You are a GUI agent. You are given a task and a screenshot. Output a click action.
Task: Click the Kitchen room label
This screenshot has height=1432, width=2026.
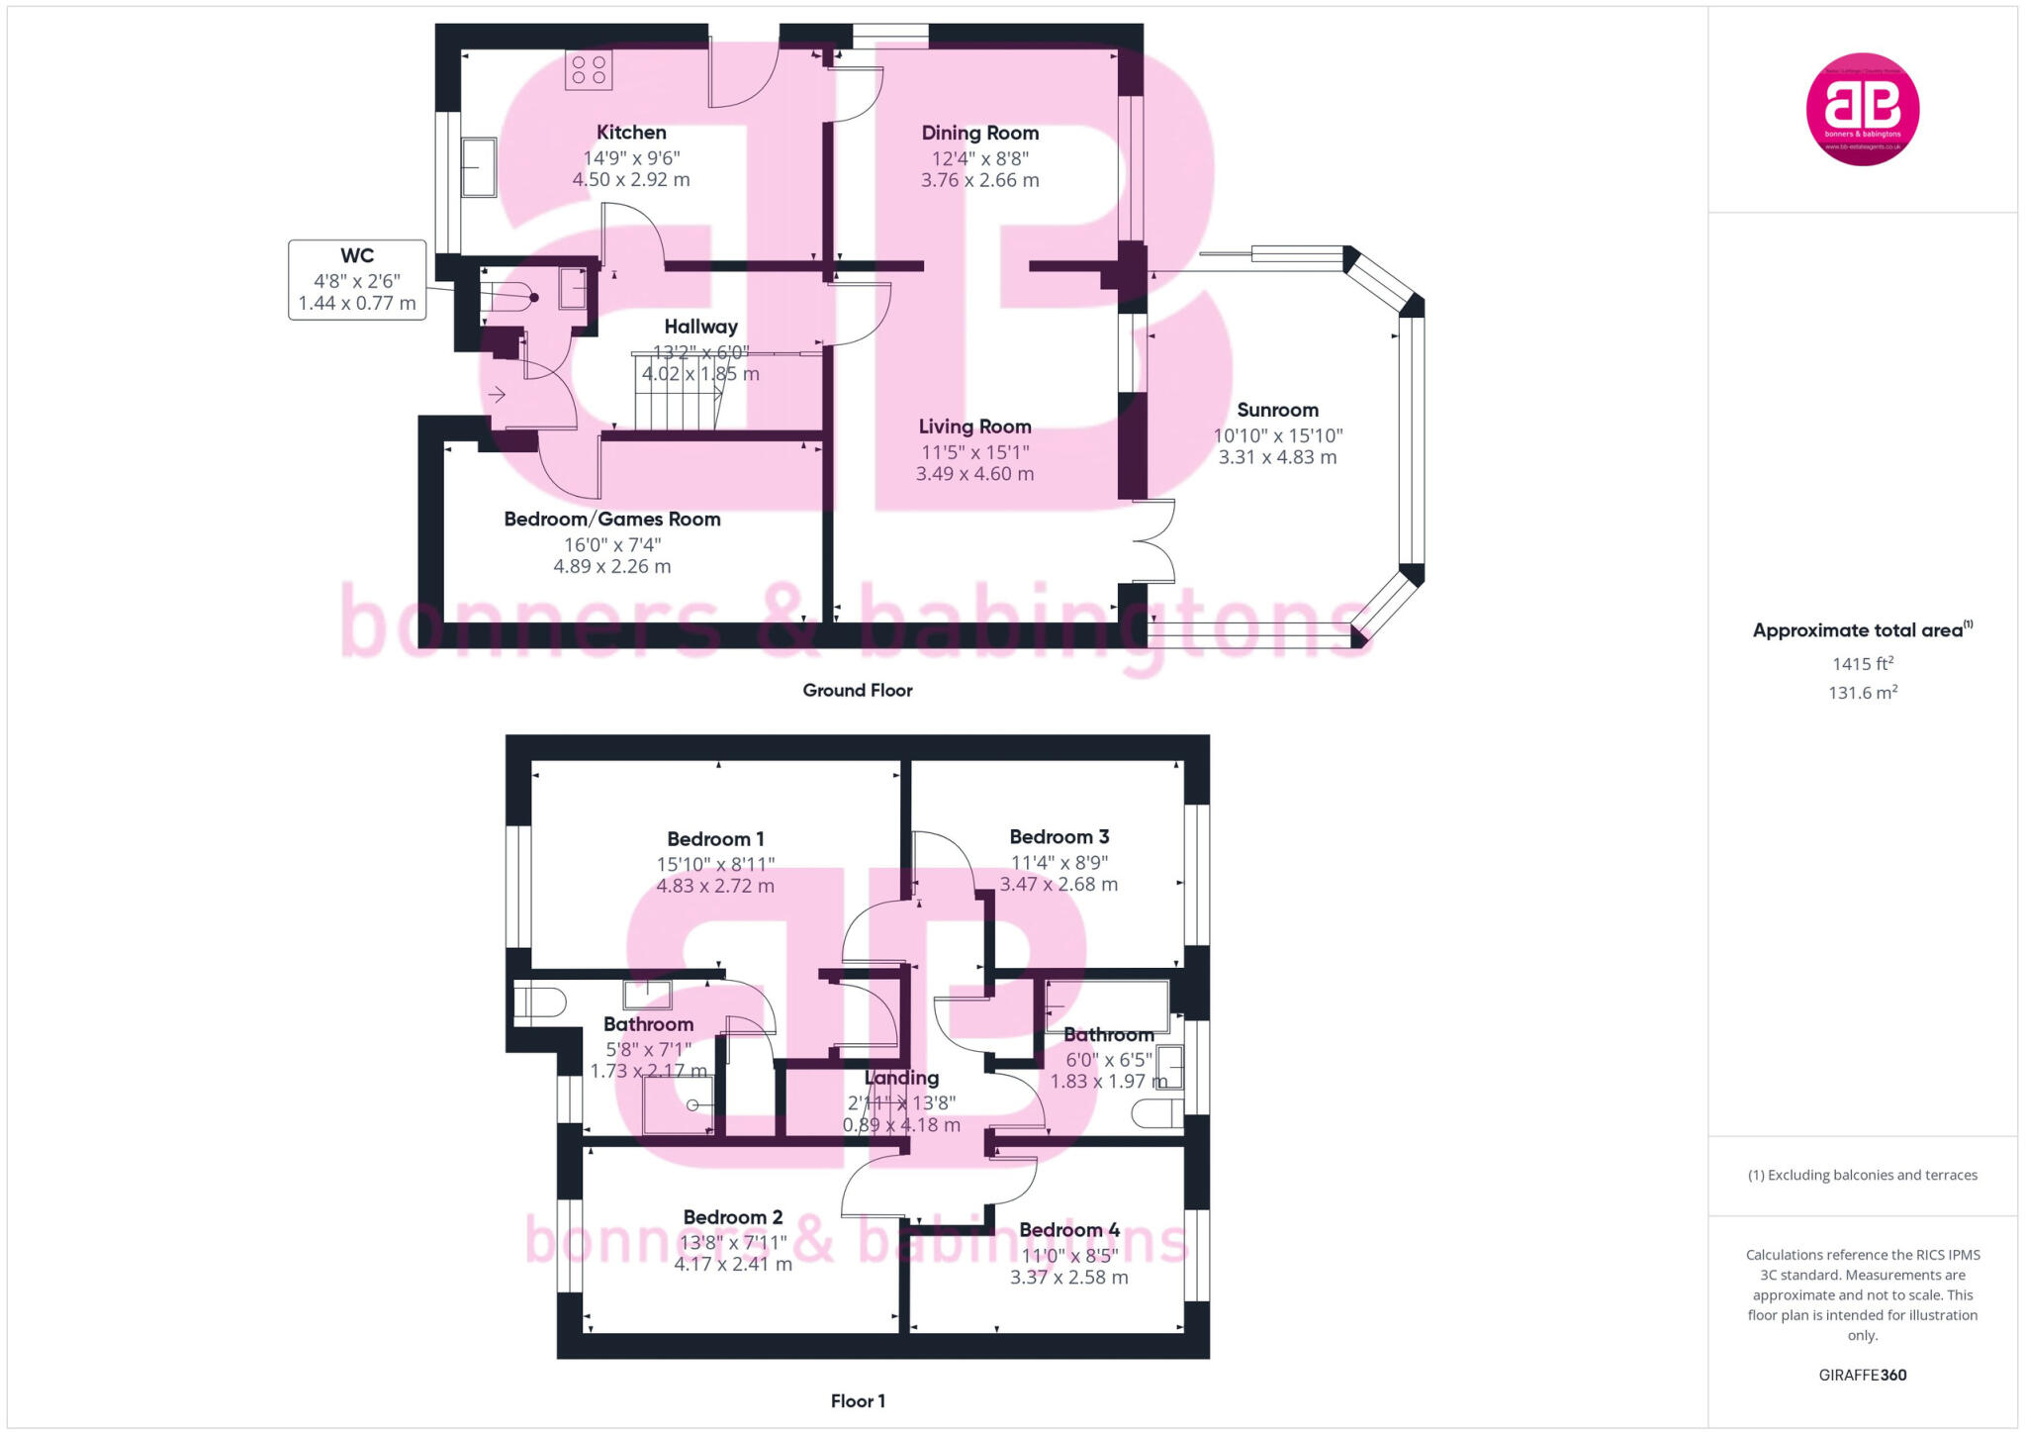pyautogui.click(x=631, y=133)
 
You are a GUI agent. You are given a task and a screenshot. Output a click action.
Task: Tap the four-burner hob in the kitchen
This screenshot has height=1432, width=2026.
pyautogui.click(x=589, y=70)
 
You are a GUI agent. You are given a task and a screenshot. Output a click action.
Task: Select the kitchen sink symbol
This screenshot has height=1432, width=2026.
pyautogui.click(x=479, y=167)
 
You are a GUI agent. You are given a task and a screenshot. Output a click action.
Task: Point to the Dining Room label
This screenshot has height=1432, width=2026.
pyautogui.click(x=979, y=134)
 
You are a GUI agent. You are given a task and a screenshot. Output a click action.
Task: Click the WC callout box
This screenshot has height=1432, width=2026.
pyautogui.click(x=357, y=280)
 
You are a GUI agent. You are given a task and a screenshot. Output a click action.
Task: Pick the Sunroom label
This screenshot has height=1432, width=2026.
pyautogui.click(x=1277, y=410)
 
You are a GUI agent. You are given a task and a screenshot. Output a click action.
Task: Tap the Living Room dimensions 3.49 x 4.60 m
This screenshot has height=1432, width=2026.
pyautogui.click(x=974, y=474)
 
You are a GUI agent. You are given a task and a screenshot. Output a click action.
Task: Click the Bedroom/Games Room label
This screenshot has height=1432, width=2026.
pyautogui.click(x=611, y=520)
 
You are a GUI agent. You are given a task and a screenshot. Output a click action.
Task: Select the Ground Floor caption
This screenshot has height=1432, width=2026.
pyautogui.click(x=857, y=691)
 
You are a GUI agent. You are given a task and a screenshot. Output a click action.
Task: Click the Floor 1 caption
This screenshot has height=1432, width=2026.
pyautogui.click(x=858, y=1401)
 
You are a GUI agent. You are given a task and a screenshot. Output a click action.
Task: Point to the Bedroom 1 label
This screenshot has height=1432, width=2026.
pyautogui.click(x=715, y=839)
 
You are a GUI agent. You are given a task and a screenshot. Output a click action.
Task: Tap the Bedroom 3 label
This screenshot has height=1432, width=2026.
pyautogui.click(x=1059, y=837)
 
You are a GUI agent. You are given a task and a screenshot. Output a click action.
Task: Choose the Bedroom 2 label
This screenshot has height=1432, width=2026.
pyautogui.click(x=732, y=1217)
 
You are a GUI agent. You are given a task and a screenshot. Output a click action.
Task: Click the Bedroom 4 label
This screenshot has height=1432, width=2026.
pyautogui.click(x=1068, y=1230)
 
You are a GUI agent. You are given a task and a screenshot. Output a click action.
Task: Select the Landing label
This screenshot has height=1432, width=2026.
pyautogui.click(x=901, y=1078)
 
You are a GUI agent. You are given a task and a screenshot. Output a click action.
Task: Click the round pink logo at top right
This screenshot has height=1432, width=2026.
pyautogui.click(x=1862, y=109)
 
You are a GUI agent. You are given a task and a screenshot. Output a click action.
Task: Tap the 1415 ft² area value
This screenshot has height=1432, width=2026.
pyautogui.click(x=1862, y=664)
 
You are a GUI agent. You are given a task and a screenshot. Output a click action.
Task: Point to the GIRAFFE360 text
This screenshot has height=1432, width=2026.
pyautogui.click(x=1862, y=1375)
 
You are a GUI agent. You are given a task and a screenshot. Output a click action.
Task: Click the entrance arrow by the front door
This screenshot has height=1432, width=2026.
pyautogui.click(x=497, y=395)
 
